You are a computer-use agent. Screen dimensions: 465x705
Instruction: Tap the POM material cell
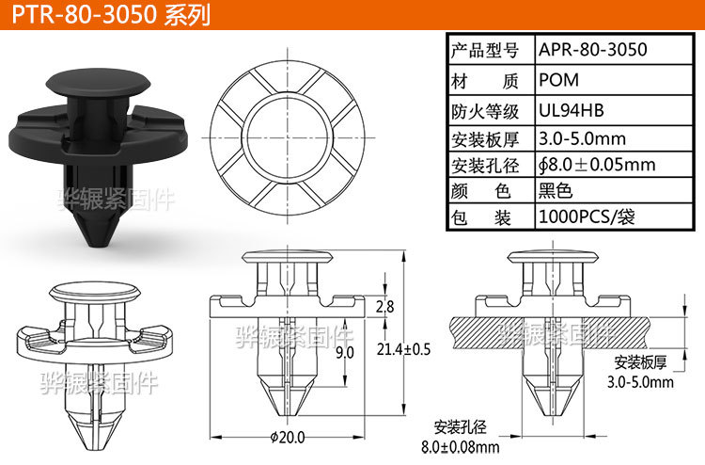pyautogui.click(x=559, y=81)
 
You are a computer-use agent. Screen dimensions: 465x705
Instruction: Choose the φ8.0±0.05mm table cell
pyautogui.click(x=597, y=166)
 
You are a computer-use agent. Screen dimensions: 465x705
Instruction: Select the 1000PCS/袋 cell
pyautogui.click(x=587, y=218)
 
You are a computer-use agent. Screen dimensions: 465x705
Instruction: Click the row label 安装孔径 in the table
pyautogui.click(x=485, y=166)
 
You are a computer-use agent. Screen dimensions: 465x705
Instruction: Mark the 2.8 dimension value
pyautogui.click(x=384, y=307)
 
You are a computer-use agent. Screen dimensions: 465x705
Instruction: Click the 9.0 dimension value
pyautogui.click(x=344, y=352)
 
